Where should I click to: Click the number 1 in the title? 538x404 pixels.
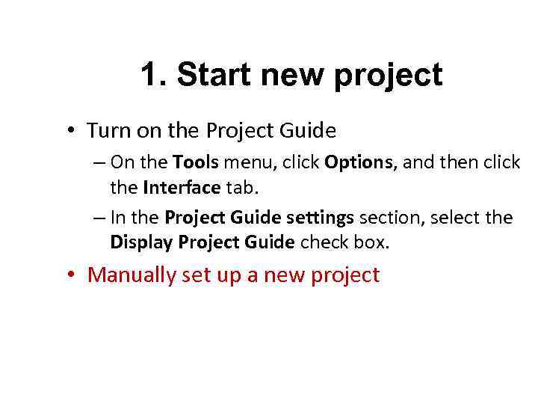coord(150,75)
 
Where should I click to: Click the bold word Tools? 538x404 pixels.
coord(194,162)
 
